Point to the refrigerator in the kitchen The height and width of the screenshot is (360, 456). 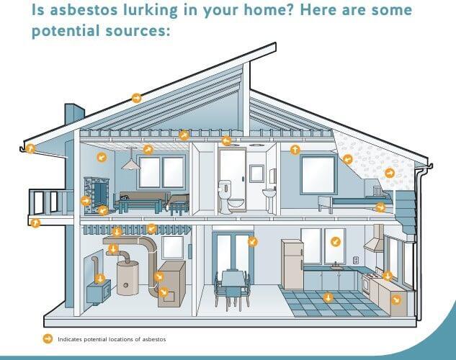coord(292,264)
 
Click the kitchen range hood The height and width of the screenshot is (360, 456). coord(374,240)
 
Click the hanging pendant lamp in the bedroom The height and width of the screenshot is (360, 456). coord(130,164)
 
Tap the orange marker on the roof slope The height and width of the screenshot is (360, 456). coord(136,98)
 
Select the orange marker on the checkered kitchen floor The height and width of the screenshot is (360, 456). coord(328,296)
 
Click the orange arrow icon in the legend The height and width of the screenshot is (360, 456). coord(48,338)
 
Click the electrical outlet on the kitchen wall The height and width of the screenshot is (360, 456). coord(355,260)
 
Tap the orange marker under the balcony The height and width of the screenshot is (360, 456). coord(34,223)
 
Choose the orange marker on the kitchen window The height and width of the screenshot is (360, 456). coord(335,242)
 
